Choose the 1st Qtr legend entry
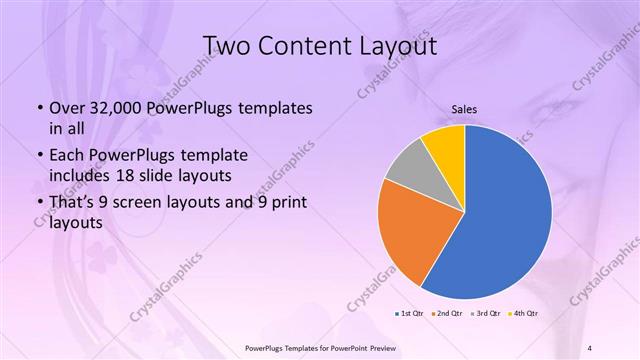[x=408, y=314]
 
